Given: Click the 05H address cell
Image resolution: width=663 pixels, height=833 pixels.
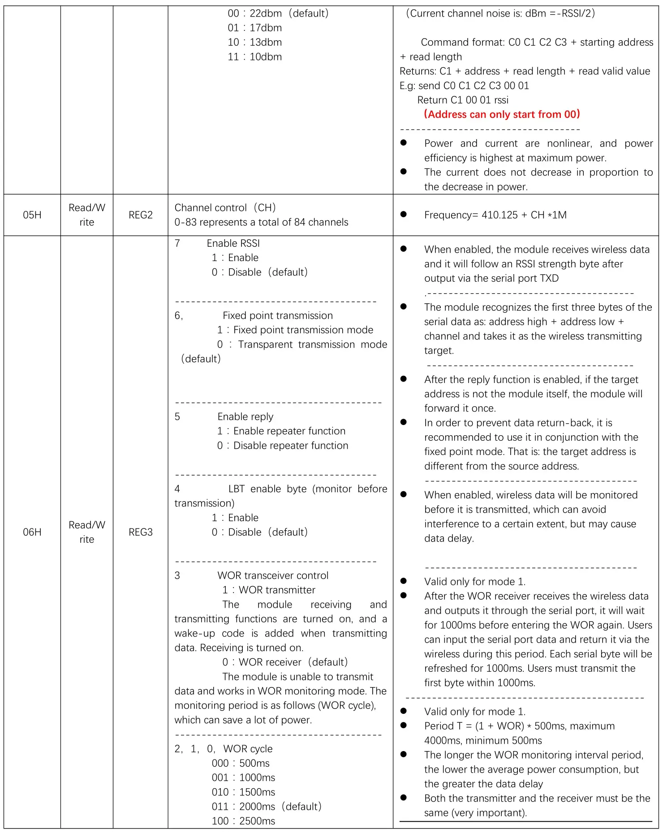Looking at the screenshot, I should [x=32, y=215].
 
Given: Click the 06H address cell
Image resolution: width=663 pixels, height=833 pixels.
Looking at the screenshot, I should [x=32, y=532].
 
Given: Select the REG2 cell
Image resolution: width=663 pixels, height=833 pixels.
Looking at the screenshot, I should [x=141, y=215].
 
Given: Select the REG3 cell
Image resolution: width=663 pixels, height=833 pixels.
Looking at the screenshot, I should [x=141, y=532].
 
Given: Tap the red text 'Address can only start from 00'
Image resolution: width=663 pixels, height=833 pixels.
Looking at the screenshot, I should [x=502, y=114].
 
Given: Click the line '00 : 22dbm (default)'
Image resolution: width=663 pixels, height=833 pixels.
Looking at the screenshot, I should [x=278, y=13].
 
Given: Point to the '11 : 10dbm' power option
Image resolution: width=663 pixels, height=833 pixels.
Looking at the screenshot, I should [x=255, y=57].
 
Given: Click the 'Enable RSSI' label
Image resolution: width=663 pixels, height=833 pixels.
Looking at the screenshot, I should [x=233, y=243].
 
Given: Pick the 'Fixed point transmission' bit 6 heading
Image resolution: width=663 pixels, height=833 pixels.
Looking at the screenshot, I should [x=277, y=315].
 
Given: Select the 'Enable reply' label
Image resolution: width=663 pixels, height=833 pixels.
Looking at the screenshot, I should [x=245, y=416].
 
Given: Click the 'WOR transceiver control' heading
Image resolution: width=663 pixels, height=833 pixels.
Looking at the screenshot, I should [x=273, y=575].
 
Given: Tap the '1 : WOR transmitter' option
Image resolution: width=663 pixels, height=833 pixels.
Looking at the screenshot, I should [x=269, y=590].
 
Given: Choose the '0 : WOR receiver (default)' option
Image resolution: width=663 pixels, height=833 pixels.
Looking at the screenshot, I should [x=285, y=662].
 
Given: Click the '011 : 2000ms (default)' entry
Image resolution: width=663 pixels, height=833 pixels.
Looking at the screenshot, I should [x=267, y=806].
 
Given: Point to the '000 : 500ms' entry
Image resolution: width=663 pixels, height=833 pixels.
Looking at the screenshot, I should [x=241, y=763].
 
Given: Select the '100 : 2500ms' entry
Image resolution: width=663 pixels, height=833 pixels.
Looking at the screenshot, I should [x=243, y=821].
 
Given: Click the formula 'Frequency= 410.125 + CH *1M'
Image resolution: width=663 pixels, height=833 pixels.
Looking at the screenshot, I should [x=495, y=215].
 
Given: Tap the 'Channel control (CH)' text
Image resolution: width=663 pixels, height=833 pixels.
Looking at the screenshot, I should [x=225, y=208].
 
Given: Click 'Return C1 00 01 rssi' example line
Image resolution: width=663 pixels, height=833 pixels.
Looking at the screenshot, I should [x=463, y=100].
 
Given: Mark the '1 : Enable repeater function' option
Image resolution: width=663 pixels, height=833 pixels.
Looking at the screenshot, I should [x=281, y=431].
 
